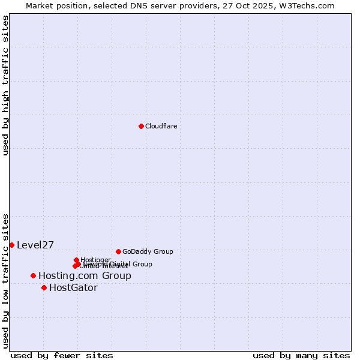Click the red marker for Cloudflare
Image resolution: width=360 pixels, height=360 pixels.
[141, 126]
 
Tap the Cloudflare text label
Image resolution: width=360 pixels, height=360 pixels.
[161, 126]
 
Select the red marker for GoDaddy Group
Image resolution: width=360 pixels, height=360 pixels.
[118, 251]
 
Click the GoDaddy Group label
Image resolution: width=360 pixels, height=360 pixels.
[148, 251]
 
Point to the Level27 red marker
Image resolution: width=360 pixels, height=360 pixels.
[11, 245]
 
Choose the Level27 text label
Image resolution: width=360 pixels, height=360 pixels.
[35, 245]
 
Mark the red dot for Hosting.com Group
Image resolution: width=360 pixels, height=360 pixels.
[33, 275]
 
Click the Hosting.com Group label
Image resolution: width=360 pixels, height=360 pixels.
[85, 275]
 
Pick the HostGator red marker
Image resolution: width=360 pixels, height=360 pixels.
[44, 287]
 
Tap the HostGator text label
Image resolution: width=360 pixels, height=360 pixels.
[73, 287]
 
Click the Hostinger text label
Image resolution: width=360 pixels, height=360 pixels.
[95, 260]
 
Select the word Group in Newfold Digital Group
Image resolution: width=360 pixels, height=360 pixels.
[142, 264]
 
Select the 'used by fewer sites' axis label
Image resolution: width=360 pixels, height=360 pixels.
[62, 355]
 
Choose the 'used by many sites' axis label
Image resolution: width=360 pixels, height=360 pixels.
[301, 355]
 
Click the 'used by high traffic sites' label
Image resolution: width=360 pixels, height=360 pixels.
[5, 86]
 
